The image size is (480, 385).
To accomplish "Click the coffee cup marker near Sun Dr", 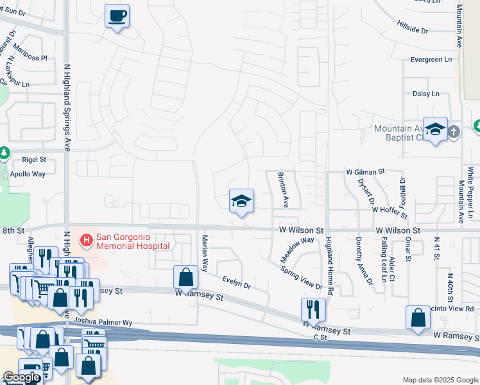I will (117, 16).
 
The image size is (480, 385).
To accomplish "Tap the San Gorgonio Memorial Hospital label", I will (133, 241).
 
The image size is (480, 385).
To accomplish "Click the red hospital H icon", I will (85, 241).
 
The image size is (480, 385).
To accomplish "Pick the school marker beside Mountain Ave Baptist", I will (435, 130).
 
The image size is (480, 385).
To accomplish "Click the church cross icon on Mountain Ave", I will (454, 132).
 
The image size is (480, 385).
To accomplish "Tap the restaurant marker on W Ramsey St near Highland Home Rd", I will (313, 310).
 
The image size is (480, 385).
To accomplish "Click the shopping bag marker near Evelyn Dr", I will (185, 278).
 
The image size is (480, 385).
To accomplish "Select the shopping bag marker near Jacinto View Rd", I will (418, 318).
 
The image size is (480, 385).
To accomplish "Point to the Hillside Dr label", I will (413, 30).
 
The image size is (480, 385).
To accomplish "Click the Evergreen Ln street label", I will (431, 60).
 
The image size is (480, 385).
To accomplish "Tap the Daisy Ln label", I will (426, 94).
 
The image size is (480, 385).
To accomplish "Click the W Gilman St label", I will (364, 172).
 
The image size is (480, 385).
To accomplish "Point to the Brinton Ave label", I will (282, 189).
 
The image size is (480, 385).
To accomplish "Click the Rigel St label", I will (34, 159).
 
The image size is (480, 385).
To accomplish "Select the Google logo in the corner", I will (21, 377).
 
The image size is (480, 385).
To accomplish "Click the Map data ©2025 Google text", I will (440, 380).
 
